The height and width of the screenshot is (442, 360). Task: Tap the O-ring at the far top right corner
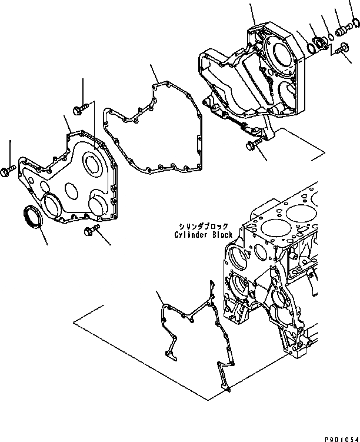pos(355,24)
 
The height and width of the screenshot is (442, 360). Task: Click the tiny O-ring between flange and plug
pos(331,36)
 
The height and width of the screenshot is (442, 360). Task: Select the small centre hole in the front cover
pos(70,190)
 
